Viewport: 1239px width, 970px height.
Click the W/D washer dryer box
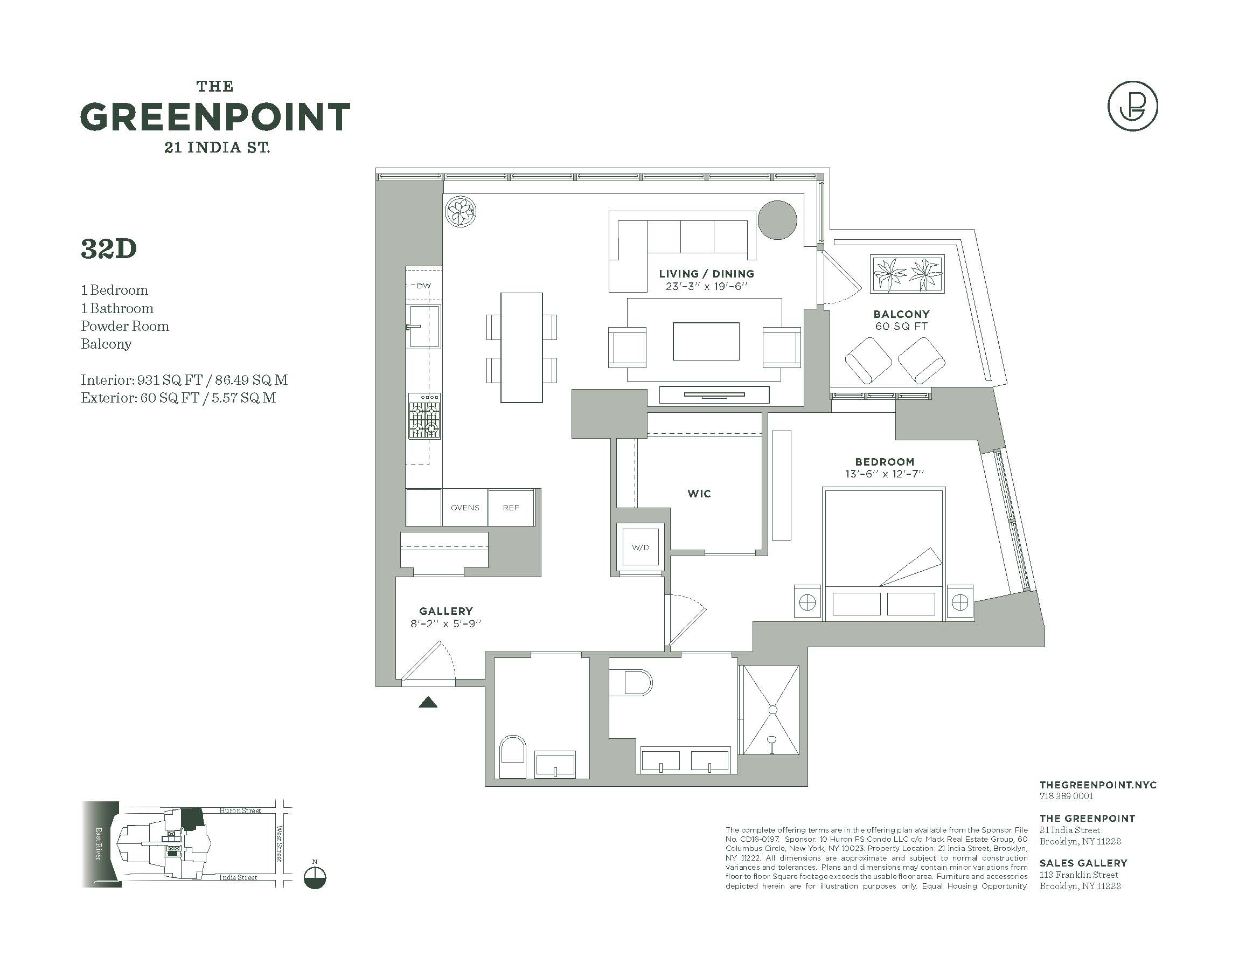(x=640, y=547)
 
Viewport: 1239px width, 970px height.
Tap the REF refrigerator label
(x=511, y=508)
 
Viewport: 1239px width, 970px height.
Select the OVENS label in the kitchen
(x=465, y=508)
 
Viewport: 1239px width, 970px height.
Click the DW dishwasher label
(x=423, y=286)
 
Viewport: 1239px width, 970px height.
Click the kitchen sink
(x=423, y=327)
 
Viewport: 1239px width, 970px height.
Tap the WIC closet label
(x=699, y=494)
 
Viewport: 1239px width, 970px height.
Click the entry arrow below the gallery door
(x=428, y=703)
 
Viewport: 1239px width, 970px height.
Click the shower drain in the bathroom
(x=772, y=709)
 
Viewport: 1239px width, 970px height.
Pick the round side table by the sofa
(x=777, y=220)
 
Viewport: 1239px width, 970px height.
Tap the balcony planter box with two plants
(x=907, y=274)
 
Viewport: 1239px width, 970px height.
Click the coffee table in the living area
(x=706, y=341)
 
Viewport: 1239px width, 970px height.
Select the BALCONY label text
(x=901, y=314)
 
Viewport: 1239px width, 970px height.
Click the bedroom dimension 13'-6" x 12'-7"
(x=885, y=474)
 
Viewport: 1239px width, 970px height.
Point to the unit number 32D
(x=109, y=249)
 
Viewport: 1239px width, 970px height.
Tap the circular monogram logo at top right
(x=1132, y=107)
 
